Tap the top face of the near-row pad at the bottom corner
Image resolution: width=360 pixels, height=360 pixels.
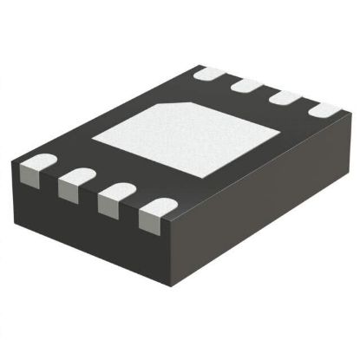click(156, 208)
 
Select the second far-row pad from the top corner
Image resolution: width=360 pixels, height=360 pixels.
click(248, 86)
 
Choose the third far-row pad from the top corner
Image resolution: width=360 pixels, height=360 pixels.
click(285, 97)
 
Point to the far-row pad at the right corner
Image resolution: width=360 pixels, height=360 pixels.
click(323, 110)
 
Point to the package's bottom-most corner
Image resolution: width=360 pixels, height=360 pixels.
click(173, 291)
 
